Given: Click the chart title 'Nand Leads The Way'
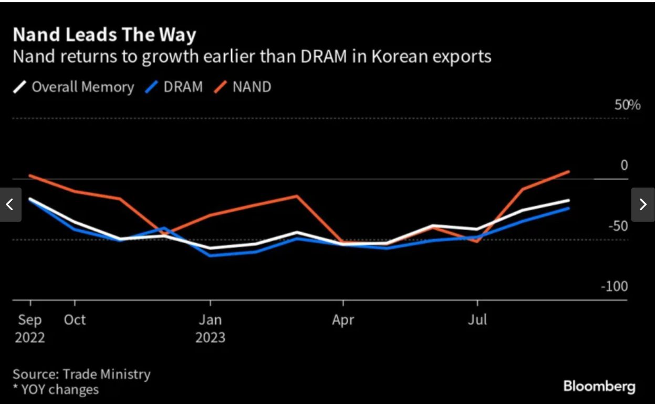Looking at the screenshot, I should click(x=104, y=35).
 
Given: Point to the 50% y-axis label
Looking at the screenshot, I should click(x=628, y=105).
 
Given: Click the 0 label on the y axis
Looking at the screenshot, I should click(x=624, y=165).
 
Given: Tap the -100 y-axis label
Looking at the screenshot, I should click(x=614, y=287).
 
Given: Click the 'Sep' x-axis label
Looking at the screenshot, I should click(x=30, y=320).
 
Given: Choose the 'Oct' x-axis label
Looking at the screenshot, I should click(x=75, y=320).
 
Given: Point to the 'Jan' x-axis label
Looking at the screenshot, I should click(x=210, y=320).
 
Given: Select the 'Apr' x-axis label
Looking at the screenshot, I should click(x=343, y=320).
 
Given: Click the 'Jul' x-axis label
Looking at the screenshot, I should click(x=477, y=320).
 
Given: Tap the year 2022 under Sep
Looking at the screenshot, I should click(x=30, y=337).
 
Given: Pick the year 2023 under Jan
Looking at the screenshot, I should click(x=210, y=337).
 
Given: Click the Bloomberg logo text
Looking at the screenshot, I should click(x=599, y=387).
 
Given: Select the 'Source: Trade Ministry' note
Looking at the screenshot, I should click(x=81, y=374).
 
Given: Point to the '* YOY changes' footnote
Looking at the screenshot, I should click(x=56, y=389).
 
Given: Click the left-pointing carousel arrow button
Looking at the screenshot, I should click(x=10, y=204).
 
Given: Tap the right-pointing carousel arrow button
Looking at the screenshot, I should click(x=643, y=204).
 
